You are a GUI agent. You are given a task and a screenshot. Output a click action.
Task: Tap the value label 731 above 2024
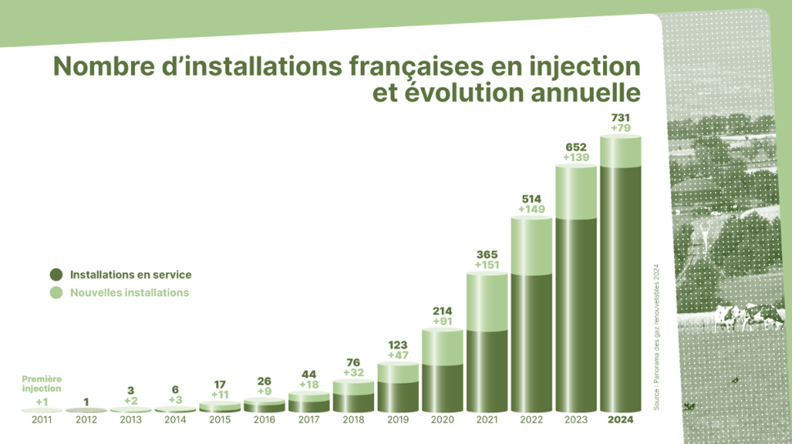point(620,117)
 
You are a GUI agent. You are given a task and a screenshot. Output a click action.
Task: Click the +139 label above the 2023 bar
point(576,157)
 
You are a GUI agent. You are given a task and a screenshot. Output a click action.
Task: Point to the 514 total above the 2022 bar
point(531,199)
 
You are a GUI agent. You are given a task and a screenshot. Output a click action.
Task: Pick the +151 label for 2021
point(487,265)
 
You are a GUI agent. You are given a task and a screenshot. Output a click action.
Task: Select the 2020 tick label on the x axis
point(443,420)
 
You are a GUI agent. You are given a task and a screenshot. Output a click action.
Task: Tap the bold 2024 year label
point(620,420)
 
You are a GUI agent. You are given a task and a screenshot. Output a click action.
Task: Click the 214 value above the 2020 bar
point(443,311)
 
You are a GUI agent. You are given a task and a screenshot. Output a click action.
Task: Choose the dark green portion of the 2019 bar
point(398,397)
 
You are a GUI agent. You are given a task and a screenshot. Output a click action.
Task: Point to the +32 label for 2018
point(353,372)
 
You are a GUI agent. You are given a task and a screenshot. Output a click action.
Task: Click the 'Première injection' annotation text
point(42,383)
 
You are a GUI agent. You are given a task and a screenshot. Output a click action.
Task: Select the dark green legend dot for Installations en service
point(56,276)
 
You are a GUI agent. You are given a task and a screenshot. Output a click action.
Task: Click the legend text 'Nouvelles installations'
point(129,293)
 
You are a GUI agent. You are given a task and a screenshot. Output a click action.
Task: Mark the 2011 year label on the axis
point(42,420)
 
